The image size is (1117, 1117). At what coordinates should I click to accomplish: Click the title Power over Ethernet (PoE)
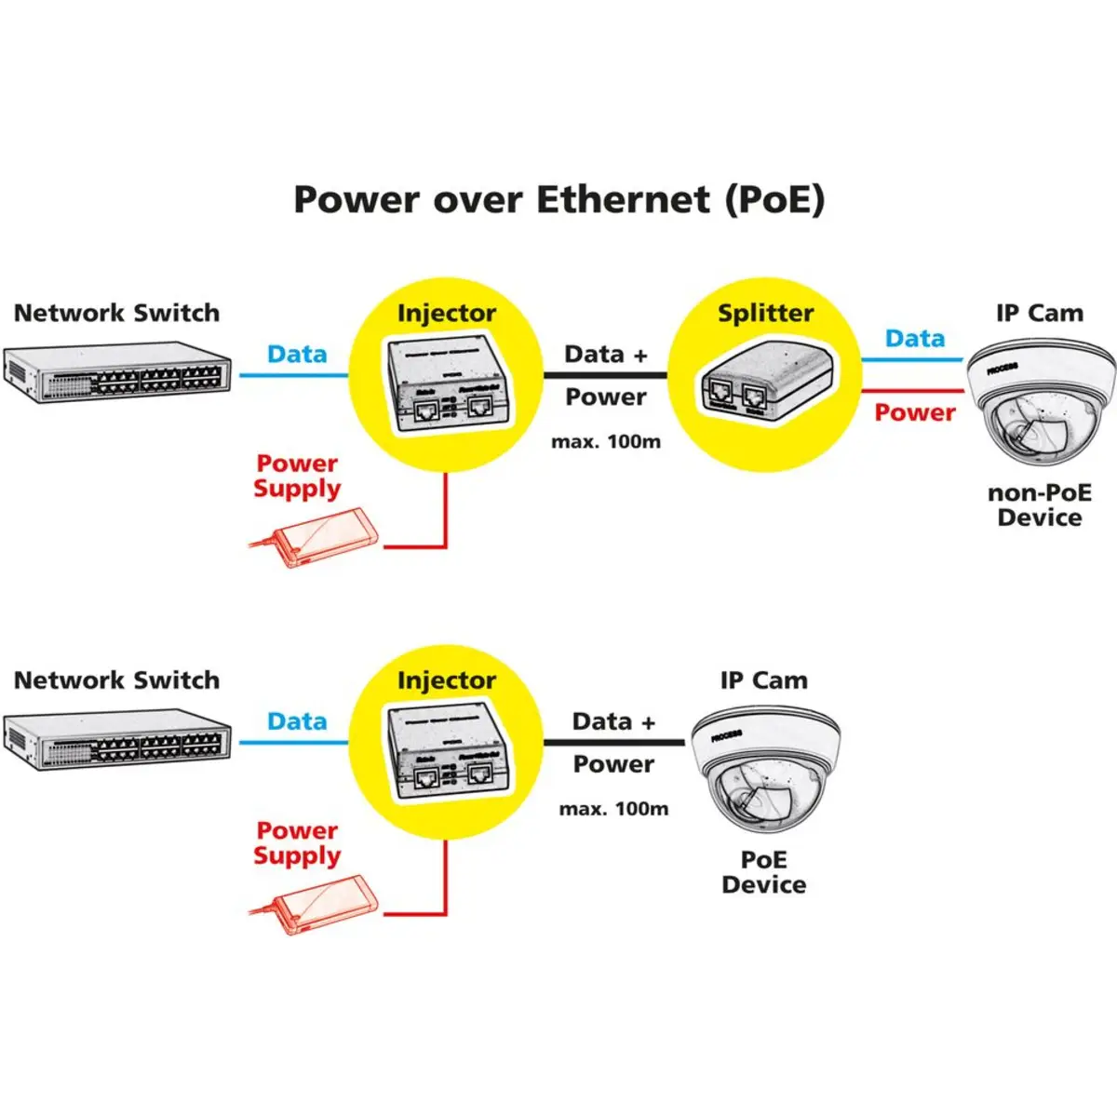point(558,200)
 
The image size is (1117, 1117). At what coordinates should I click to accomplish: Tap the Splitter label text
point(765,314)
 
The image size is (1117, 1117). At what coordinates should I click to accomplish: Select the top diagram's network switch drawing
point(117,372)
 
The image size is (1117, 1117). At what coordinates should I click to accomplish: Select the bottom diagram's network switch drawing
point(117,739)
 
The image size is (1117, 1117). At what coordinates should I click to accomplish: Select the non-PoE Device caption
point(1040,505)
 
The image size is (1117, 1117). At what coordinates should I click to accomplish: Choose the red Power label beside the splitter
point(914,412)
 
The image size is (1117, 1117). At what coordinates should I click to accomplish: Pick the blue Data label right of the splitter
point(914,339)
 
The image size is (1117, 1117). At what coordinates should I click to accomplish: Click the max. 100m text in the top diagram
point(606,442)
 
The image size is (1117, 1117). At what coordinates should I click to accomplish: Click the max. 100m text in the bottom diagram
point(613,809)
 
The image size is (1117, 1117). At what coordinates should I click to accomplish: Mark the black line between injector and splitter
point(606,375)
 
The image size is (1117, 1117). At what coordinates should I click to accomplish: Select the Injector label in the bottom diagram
point(447,680)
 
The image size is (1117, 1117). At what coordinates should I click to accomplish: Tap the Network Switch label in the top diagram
point(117,314)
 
